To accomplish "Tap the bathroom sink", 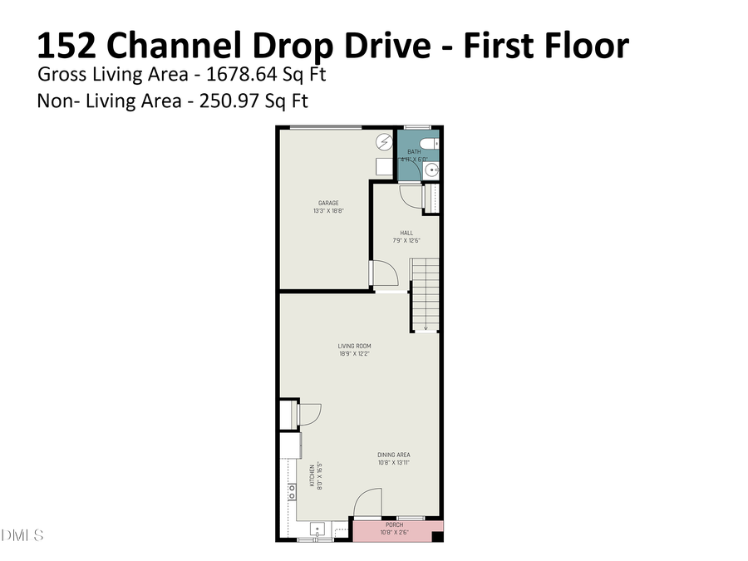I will click(431, 170).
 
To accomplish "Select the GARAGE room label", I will click(328, 203).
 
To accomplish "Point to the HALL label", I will click(406, 233).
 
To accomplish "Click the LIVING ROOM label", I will click(354, 346).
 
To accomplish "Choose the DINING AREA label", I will click(394, 455).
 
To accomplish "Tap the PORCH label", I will click(394, 525).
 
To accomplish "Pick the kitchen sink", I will click(317, 529).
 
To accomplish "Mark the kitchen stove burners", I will click(292, 491).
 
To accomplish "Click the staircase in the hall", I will click(425, 295).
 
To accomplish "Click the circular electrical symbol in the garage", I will click(384, 142).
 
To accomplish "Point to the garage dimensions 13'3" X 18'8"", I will click(328, 211).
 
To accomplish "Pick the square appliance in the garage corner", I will click(383, 168).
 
